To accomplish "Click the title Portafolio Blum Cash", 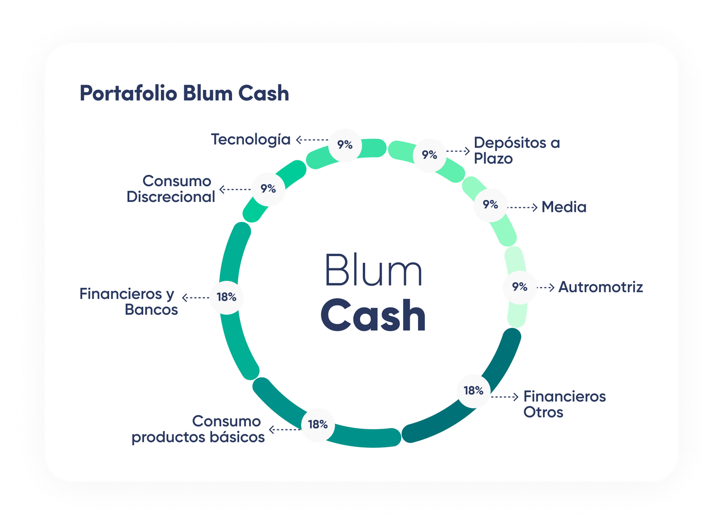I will [x=184, y=94].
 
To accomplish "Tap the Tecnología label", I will [x=251, y=139].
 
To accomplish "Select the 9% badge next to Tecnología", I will [x=345, y=145].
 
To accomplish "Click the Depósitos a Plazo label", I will [x=516, y=150].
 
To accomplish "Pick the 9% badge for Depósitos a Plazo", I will [x=429, y=155].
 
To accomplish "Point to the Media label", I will [x=564, y=207].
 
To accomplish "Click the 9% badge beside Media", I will [x=490, y=205].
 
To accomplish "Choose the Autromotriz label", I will [x=601, y=287].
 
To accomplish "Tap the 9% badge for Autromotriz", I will [x=520, y=287].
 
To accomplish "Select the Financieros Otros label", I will [x=564, y=404].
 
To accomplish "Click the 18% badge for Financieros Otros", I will [x=474, y=390].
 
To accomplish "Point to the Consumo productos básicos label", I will [x=198, y=429].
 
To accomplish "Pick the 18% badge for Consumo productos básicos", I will [x=318, y=425].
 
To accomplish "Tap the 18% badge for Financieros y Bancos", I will [x=226, y=297].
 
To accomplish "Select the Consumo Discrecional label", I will [x=171, y=189].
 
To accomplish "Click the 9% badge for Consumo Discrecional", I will [x=268, y=189].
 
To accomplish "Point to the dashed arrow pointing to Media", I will [x=523, y=207].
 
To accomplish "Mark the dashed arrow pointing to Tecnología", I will [x=312, y=140].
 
